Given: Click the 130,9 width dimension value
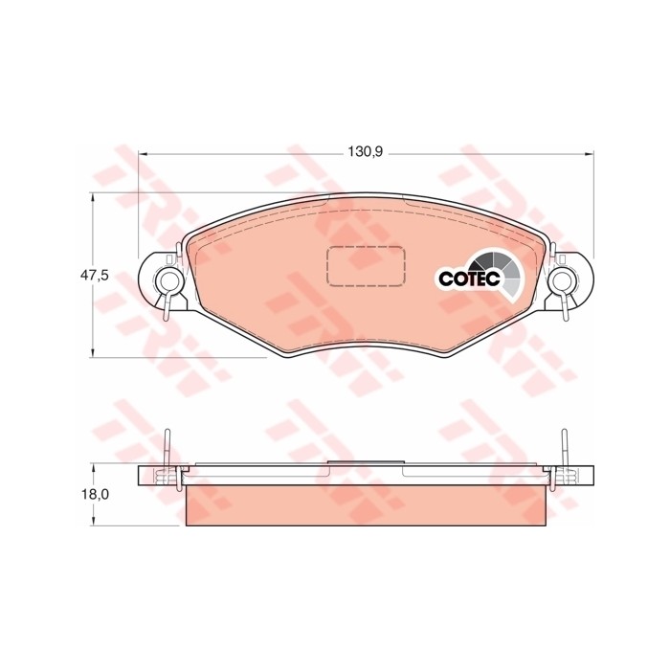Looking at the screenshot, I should pos(366,152).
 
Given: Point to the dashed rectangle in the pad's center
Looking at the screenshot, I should pos(366,265).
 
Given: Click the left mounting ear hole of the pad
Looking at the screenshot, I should pos(167,279).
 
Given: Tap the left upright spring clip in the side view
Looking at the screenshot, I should pos(167,450).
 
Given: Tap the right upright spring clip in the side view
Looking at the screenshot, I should pos(564,450).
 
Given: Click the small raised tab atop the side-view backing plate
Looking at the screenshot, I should pos(366,462).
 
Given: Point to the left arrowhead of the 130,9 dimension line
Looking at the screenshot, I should pos(143,152).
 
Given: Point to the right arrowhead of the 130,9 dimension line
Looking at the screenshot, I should pos(590,152).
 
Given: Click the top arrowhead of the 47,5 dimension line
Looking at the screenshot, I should pos(93,195).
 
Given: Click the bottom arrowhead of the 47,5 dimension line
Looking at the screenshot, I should pos(93,354).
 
